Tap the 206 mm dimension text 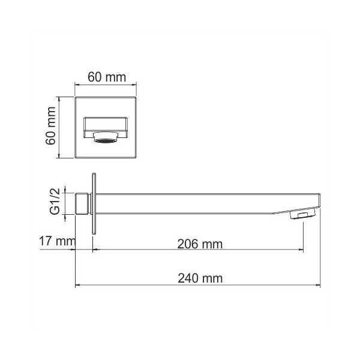(x=197, y=244)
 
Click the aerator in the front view (x=105, y=141)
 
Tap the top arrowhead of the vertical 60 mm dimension (x=58, y=97)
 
